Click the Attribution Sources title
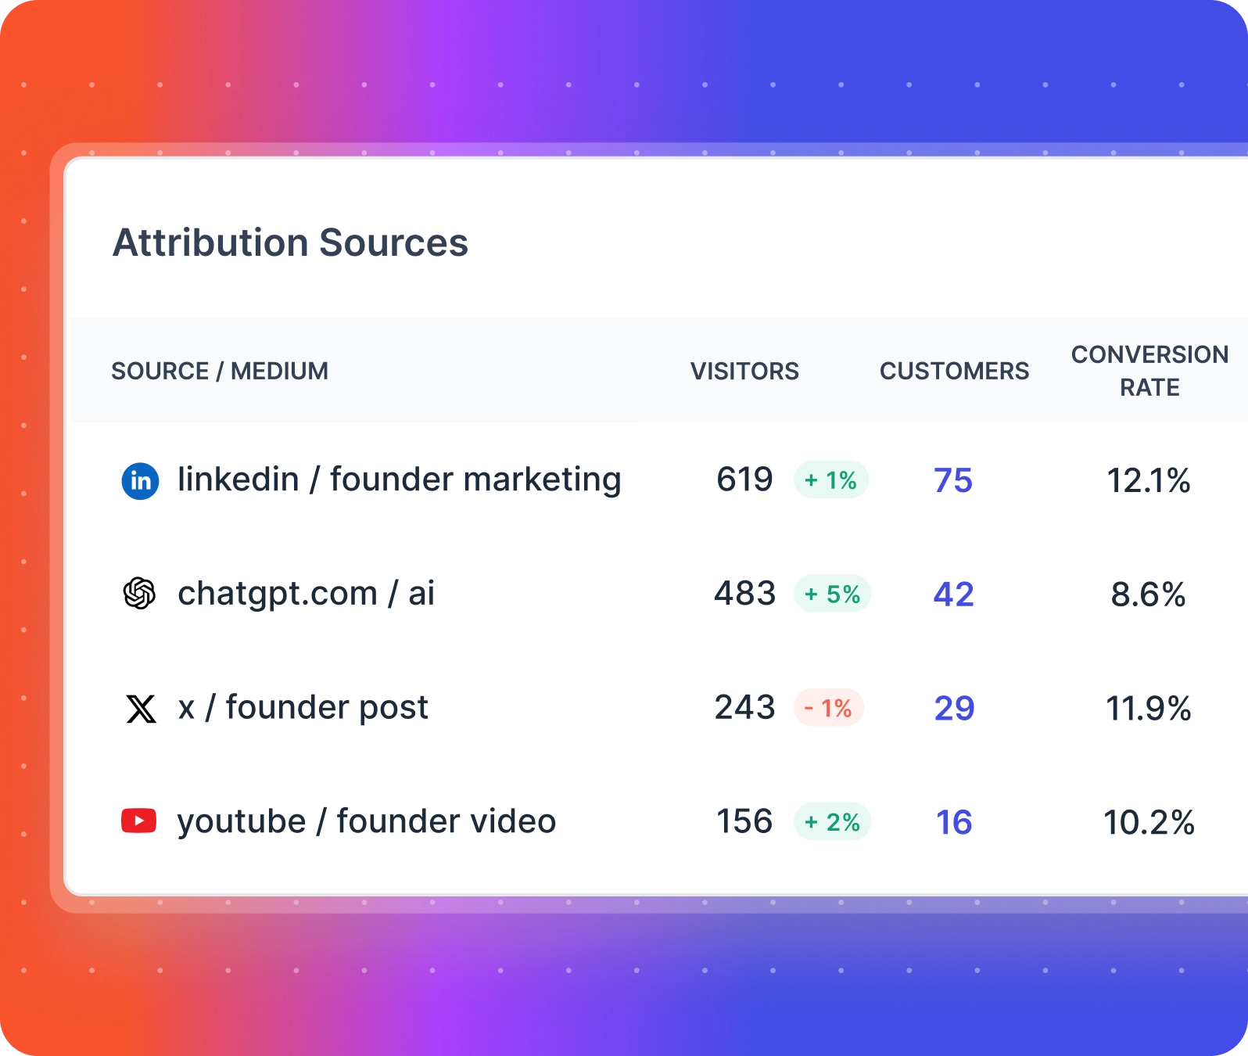290,242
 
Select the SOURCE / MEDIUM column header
220,371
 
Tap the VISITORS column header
744,371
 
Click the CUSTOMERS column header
954,371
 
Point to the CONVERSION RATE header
1149,371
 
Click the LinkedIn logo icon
141,480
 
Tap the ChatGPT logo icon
140,594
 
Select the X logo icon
141,709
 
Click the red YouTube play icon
139,821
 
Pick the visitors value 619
744,480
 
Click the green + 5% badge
833,594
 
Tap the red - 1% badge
829,708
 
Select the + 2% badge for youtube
833,822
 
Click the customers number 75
953,480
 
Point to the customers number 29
954,708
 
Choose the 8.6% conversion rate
1148,594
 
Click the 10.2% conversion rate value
1149,822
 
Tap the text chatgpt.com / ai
306,594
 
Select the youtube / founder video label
367,821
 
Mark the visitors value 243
744,707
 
